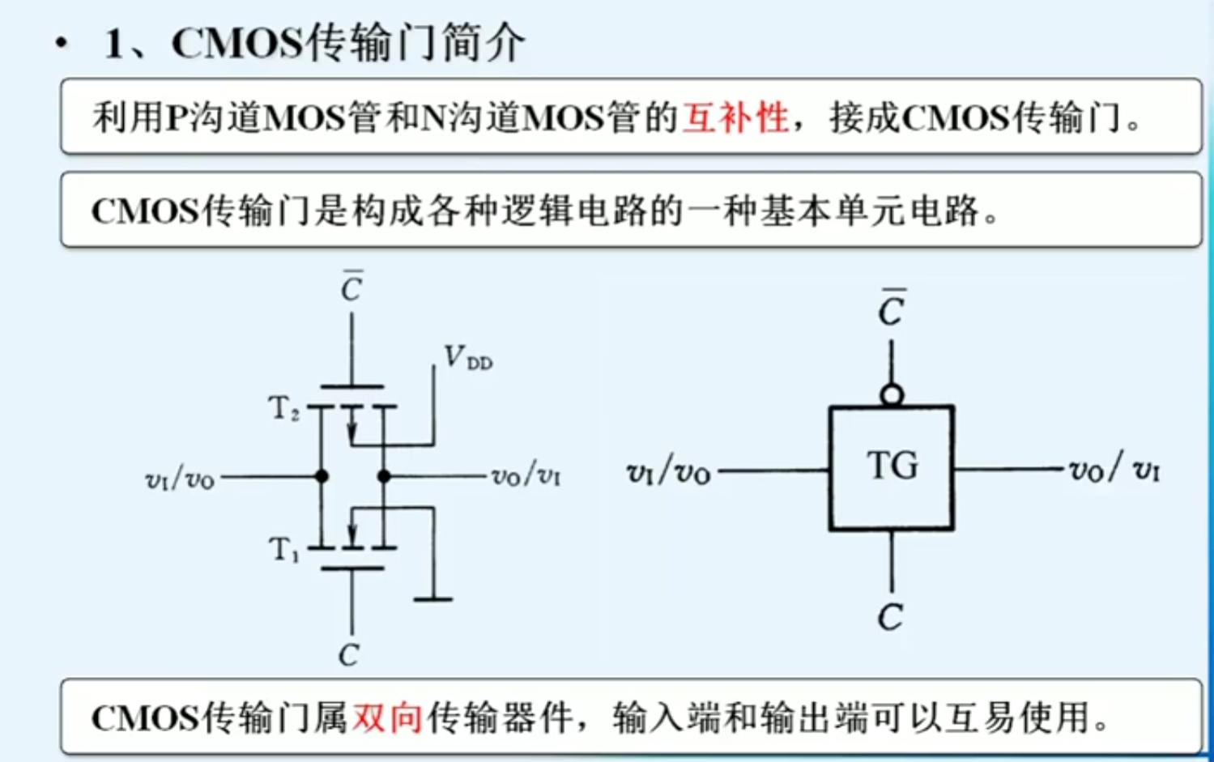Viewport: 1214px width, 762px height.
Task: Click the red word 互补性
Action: click(x=735, y=117)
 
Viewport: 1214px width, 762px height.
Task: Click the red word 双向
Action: click(x=386, y=717)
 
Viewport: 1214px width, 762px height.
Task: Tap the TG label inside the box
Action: click(x=892, y=466)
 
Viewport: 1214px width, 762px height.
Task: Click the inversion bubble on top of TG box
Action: click(x=892, y=395)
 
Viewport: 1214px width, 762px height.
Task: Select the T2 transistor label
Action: click(x=283, y=408)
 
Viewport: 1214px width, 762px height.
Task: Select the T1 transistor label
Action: click(x=283, y=550)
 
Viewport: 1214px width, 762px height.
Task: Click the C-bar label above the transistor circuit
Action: click(x=351, y=287)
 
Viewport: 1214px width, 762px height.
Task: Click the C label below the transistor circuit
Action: click(x=349, y=654)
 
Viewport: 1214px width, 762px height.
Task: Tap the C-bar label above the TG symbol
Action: click(x=891, y=309)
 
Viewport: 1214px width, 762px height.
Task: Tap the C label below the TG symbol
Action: click(x=890, y=618)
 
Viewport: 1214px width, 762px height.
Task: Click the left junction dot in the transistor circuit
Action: click(x=322, y=476)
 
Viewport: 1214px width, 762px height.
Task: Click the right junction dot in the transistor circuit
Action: click(x=384, y=476)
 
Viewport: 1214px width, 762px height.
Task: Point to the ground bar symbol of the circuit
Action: click(x=432, y=599)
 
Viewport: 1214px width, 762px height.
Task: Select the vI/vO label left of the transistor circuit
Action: click(x=179, y=479)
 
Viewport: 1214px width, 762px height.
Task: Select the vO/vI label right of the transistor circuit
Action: click(x=526, y=475)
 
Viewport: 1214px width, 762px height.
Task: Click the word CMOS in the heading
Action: click(x=236, y=43)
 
